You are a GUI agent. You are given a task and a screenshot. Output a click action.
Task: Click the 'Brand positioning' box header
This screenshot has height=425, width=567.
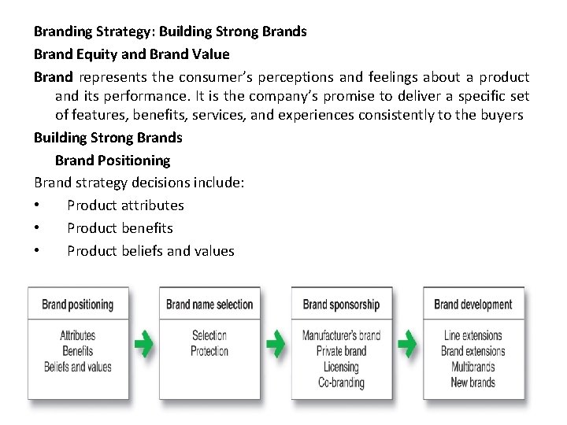tap(77, 305)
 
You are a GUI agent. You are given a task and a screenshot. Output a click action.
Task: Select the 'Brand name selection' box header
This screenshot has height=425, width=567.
tap(209, 305)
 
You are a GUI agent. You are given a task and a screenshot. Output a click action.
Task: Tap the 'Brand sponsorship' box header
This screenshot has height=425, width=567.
tap(341, 305)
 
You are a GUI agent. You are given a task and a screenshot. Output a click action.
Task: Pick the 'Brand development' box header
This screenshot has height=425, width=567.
tap(472, 305)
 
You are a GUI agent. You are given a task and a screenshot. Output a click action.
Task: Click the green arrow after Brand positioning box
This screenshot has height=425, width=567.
tap(143, 344)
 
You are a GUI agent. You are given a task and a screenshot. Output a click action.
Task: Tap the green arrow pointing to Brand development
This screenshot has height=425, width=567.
tap(407, 344)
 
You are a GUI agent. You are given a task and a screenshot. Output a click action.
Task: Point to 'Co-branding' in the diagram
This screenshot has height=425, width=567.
tap(341, 382)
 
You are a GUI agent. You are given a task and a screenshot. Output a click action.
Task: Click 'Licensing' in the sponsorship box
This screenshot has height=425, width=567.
tap(341, 367)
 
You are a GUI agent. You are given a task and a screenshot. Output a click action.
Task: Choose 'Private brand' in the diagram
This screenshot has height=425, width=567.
tap(341, 351)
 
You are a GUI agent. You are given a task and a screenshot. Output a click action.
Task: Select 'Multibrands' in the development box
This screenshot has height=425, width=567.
tap(472, 367)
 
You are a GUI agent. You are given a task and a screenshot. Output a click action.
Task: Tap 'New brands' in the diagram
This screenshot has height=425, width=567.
tap(472, 382)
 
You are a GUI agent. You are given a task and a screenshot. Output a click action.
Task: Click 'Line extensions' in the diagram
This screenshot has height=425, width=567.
tap(472, 335)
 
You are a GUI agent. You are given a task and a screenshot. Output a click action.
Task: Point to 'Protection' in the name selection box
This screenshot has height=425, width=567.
tap(209, 351)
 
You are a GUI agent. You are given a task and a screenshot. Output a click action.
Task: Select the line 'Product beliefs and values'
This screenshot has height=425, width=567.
tap(150, 251)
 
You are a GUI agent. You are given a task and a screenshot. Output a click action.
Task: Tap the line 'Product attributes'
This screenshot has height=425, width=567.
tap(125, 205)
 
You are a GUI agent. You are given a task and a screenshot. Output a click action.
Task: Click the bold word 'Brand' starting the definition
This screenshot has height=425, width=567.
tap(53, 77)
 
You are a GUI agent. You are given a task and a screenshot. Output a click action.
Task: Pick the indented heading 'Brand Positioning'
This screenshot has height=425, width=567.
tap(113, 161)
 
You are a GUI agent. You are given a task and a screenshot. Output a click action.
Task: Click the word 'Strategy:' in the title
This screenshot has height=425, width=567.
tap(124, 32)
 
